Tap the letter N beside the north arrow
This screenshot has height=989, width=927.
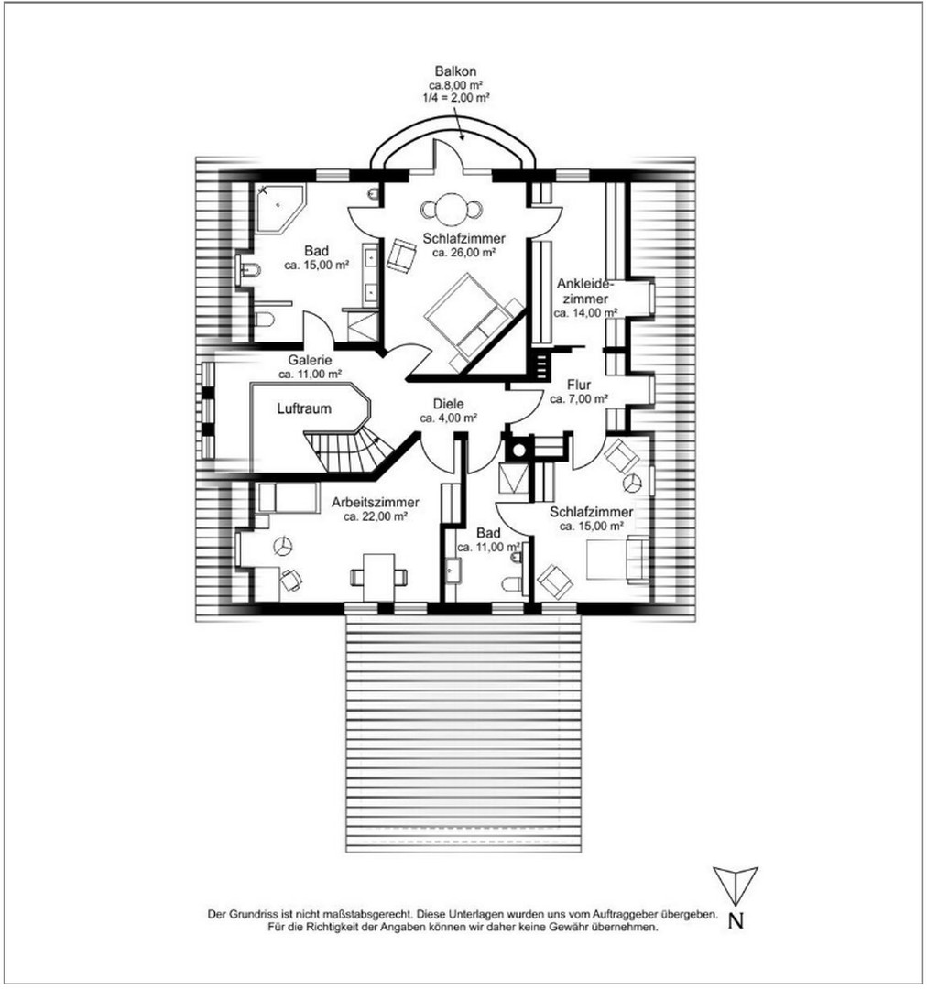click(x=735, y=921)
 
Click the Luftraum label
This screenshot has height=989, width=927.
click(x=304, y=409)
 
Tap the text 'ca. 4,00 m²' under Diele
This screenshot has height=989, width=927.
click(x=449, y=418)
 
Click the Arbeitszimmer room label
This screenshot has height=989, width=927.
click(x=376, y=502)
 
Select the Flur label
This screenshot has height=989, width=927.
click(x=579, y=385)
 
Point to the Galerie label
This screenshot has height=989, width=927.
click(x=309, y=360)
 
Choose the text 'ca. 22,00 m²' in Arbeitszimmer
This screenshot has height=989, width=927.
click(x=376, y=516)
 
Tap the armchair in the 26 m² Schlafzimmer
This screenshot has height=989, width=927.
click(x=400, y=255)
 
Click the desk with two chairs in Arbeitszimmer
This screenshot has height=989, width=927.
click(x=379, y=576)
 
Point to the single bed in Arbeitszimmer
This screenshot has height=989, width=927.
click(x=283, y=497)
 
